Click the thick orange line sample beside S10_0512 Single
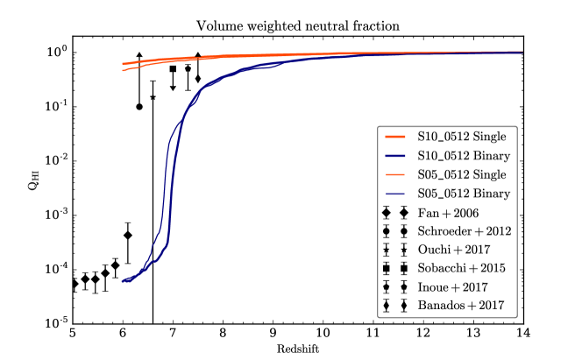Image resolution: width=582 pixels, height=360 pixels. [394, 137]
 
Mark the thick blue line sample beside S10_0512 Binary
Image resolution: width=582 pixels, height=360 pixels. [394, 156]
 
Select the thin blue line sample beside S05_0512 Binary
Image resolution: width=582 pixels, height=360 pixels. [394, 194]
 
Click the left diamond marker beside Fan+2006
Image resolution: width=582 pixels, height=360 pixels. [387, 213]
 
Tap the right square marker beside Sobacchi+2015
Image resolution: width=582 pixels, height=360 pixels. [403, 268]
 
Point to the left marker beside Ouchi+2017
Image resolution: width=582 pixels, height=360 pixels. [387, 250]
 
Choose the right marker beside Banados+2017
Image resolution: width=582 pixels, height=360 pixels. [403, 306]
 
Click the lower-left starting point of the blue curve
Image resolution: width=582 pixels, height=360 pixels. [124, 280]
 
